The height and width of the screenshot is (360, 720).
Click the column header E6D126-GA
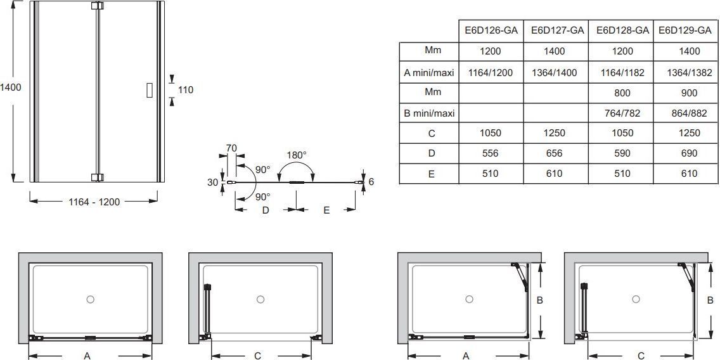(491, 31)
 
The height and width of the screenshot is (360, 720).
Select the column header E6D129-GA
(685, 31)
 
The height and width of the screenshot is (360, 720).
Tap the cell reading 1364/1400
(554, 72)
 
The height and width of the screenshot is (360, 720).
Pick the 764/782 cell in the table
(622, 113)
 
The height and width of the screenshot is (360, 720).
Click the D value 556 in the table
(491, 153)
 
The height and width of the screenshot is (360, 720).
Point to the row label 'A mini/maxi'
(429, 72)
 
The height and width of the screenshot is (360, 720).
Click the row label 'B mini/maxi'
(429, 113)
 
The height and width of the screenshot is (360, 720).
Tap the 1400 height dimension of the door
(11, 87)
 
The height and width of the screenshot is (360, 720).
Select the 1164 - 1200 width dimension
(94, 202)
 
